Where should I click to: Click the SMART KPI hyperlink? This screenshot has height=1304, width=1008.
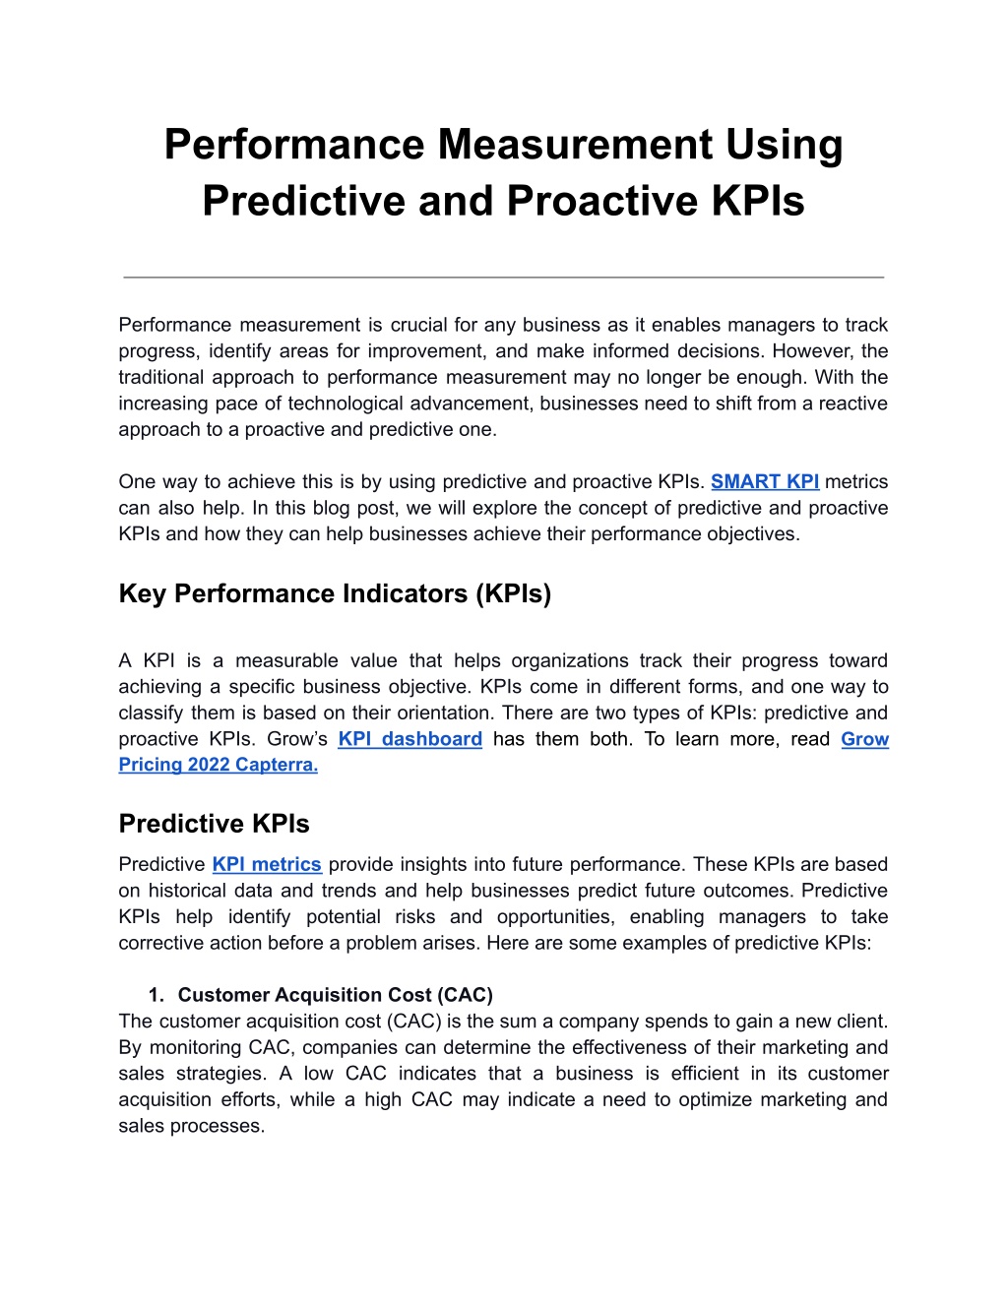765,481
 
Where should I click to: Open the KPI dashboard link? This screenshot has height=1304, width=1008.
409,739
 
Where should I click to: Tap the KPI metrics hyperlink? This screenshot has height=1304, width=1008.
267,864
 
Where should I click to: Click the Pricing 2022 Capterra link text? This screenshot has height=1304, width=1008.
218,765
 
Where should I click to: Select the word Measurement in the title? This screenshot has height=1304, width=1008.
575,144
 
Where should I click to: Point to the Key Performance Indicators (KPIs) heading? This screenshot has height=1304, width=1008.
335,593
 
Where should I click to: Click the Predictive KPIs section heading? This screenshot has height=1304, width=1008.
214,824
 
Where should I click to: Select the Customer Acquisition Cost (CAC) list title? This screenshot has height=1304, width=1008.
335,995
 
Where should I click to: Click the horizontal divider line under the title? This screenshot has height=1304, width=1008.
503,278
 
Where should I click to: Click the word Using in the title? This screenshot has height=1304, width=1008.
784,144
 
